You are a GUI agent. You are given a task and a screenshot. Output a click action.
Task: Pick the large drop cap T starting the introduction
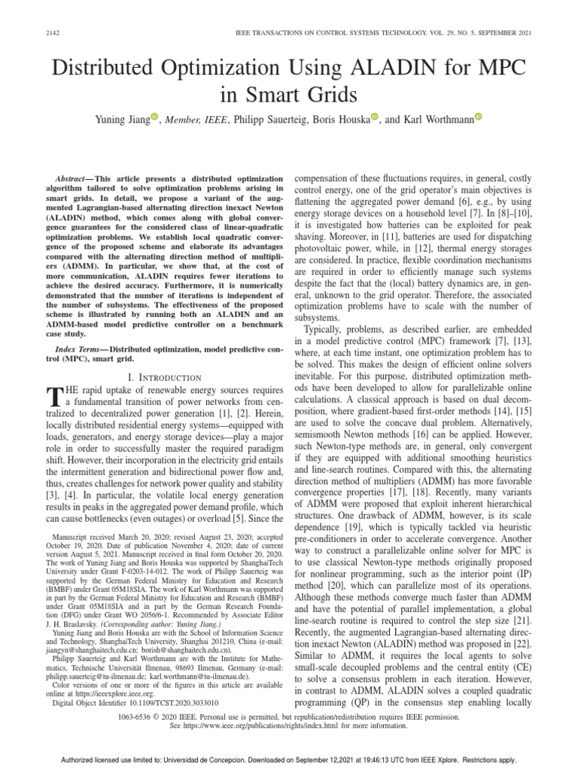[x=53, y=397]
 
